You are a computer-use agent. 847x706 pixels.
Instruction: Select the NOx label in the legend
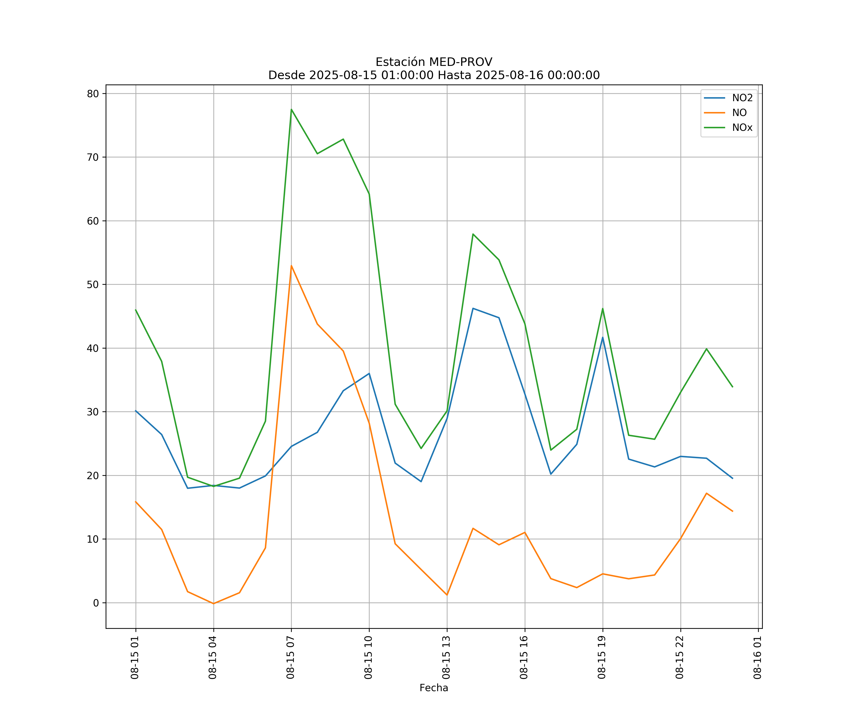tap(742, 128)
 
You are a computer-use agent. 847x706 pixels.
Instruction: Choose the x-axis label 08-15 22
tap(680, 657)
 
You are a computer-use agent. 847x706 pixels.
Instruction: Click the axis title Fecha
tap(434, 688)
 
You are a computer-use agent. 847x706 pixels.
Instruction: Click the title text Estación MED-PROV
tap(434, 62)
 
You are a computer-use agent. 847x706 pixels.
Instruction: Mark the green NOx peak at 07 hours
tap(291, 109)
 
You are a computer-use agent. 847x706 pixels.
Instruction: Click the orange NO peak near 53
tap(291, 266)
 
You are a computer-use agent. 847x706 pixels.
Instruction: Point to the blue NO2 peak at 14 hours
tap(473, 308)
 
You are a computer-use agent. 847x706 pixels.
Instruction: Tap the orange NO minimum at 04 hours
tap(213, 604)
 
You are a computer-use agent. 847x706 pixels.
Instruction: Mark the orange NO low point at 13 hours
tap(447, 595)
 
